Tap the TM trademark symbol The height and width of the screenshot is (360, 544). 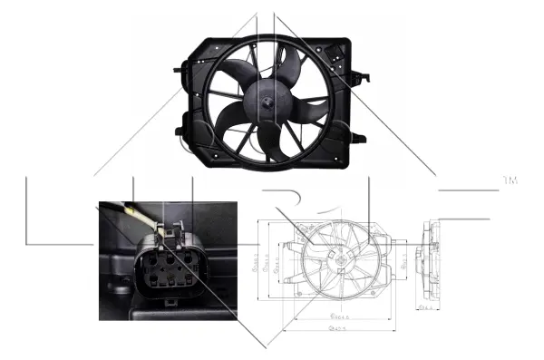(510, 182)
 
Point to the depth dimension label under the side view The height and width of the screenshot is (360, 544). (424, 309)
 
